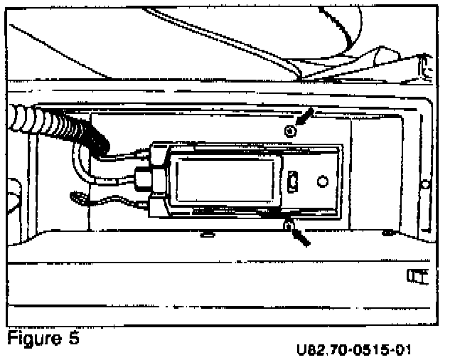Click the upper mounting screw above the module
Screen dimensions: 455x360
click(x=289, y=131)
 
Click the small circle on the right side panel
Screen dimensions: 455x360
click(x=425, y=184)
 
